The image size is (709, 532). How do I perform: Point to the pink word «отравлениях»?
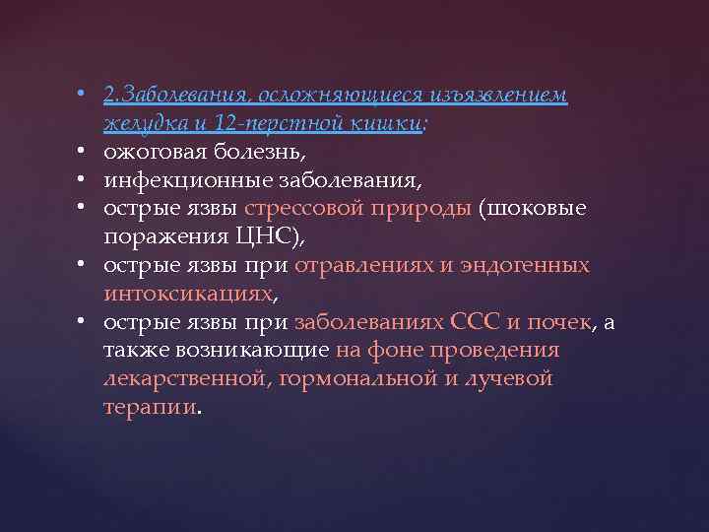point(361,266)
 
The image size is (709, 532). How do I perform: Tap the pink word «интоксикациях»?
point(187,295)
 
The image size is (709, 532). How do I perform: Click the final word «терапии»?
point(150,408)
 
